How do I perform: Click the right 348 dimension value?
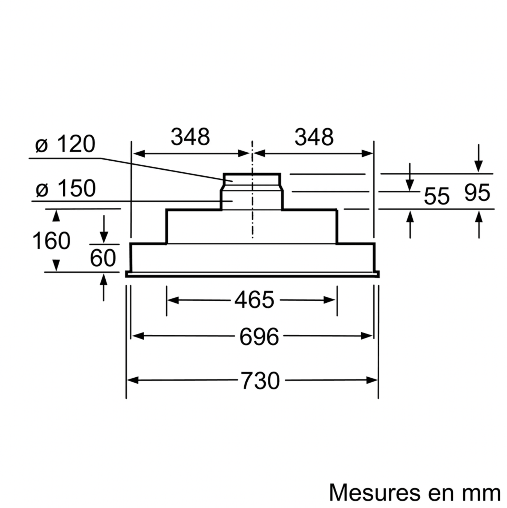click(x=314, y=137)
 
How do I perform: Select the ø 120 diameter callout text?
click(x=65, y=144)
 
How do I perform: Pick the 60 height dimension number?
click(x=103, y=258)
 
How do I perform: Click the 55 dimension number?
click(x=437, y=196)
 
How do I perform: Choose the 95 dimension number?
click(x=477, y=193)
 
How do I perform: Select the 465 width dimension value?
click(x=254, y=300)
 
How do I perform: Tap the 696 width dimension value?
click(x=259, y=337)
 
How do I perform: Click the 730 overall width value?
click(x=260, y=380)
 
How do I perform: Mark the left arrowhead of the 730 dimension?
click(x=132, y=380)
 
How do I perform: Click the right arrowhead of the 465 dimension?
click(x=329, y=300)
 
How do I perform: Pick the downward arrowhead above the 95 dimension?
click(x=479, y=167)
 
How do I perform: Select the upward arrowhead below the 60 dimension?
click(x=104, y=280)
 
